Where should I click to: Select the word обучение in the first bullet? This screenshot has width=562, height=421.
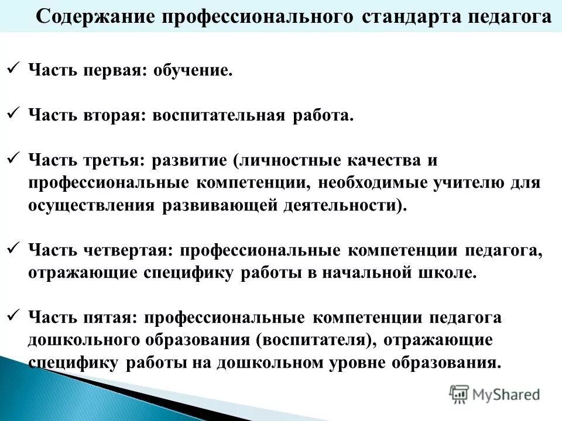tap(192, 71)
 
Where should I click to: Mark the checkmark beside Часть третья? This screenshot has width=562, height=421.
tap(15, 158)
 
